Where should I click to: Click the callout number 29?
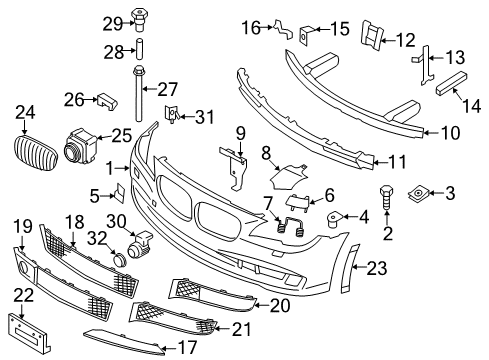coord(113,24)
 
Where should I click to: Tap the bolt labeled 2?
coord(386,197)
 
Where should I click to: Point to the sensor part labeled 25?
coord(81,147)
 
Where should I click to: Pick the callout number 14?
coord(472,106)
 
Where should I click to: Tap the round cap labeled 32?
coord(119,260)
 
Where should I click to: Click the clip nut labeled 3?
coord(418,194)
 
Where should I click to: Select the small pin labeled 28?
coord(139,50)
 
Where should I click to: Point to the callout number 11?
coord(398,162)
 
